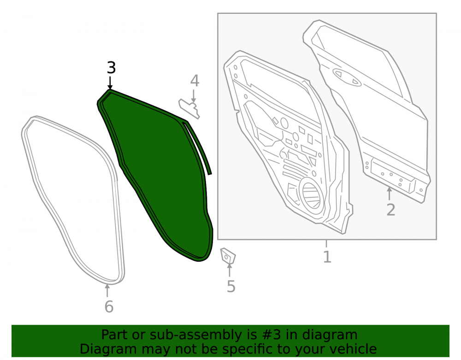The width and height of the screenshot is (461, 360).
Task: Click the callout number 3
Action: pos(111,68)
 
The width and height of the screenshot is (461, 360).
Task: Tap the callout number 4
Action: pos(195,81)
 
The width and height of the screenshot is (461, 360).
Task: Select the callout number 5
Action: pos(231,287)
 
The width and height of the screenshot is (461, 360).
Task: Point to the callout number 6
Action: pos(109,307)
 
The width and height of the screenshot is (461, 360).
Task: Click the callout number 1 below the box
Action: pos(327,257)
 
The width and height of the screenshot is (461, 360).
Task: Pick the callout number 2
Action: pos(391,210)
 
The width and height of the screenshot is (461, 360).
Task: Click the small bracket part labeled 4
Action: pos(189,108)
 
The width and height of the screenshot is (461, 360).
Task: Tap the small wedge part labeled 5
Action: pos(228,256)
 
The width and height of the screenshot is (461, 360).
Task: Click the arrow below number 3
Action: pos(110,83)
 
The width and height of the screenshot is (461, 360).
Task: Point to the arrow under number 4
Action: pos(194,96)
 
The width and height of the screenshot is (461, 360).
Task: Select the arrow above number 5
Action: pos(229,270)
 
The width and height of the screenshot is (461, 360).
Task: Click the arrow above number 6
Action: pos(107,290)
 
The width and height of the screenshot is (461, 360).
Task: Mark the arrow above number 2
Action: pos(389,194)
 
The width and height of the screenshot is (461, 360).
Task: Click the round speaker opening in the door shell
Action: pos(311,194)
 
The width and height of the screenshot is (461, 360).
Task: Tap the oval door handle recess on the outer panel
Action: pos(347,77)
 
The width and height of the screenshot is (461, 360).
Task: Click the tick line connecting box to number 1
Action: pos(326,244)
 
